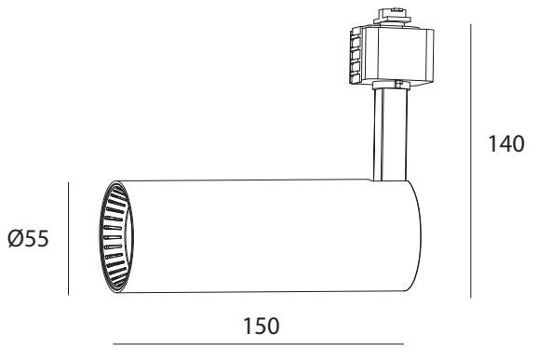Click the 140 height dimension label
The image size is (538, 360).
506,144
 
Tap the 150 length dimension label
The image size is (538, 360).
262,327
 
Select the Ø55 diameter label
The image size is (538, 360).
28,238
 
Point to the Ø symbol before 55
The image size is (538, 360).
16,238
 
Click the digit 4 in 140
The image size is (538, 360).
505,144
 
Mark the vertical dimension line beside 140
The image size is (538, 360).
470,161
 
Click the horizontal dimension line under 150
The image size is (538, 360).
259,344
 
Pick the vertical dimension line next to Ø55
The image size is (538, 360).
69,238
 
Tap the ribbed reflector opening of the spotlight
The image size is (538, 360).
116,236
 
